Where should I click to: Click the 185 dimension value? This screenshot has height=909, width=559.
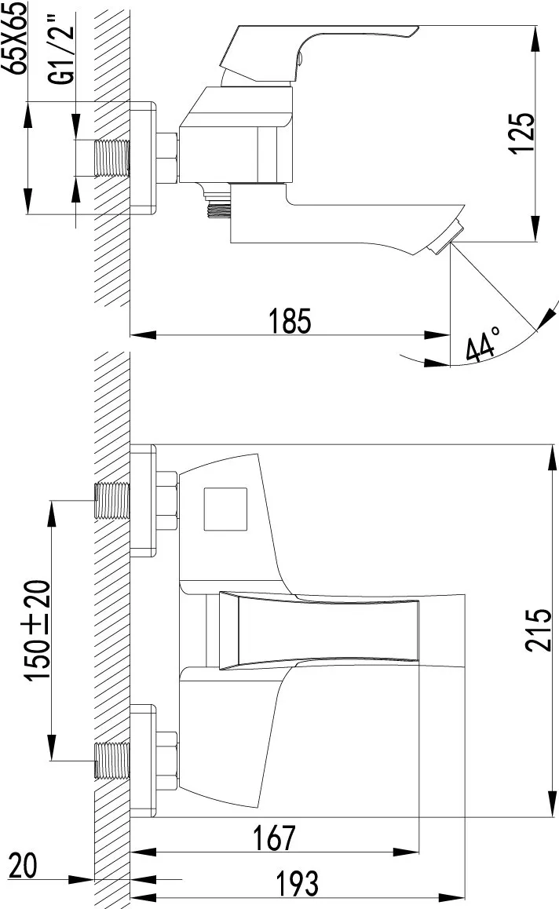coord(290,321)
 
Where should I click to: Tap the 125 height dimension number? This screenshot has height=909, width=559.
coord(522,133)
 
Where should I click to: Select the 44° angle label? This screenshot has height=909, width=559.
coord(483,343)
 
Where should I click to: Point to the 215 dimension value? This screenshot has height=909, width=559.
coord(539,630)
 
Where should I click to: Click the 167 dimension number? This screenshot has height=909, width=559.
coord(274,838)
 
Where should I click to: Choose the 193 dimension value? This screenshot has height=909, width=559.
coord(297,883)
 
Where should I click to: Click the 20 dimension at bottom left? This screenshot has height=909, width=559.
coord(24,866)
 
